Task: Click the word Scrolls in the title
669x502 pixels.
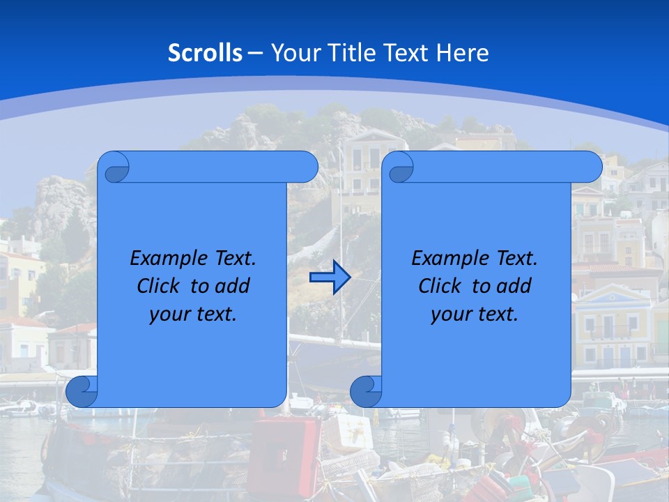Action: pyautogui.click(x=206, y=53)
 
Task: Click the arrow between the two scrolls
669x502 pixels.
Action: pyautogui.click(x=330, y=277)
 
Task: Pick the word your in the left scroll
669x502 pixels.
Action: pyautogui.click(x=169, y=314)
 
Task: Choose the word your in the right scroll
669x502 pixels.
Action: pyautogui.click(x=451, y=314)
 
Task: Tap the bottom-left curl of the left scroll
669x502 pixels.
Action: pyautogui.click(x=82, y=391)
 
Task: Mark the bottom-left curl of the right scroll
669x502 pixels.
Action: pyautogui.click(x=366, y=391)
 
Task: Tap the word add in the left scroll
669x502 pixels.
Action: pyautogui.click(x=232, y=286)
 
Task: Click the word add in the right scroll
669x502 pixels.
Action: pyautogui.click(x=514, y=286)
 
